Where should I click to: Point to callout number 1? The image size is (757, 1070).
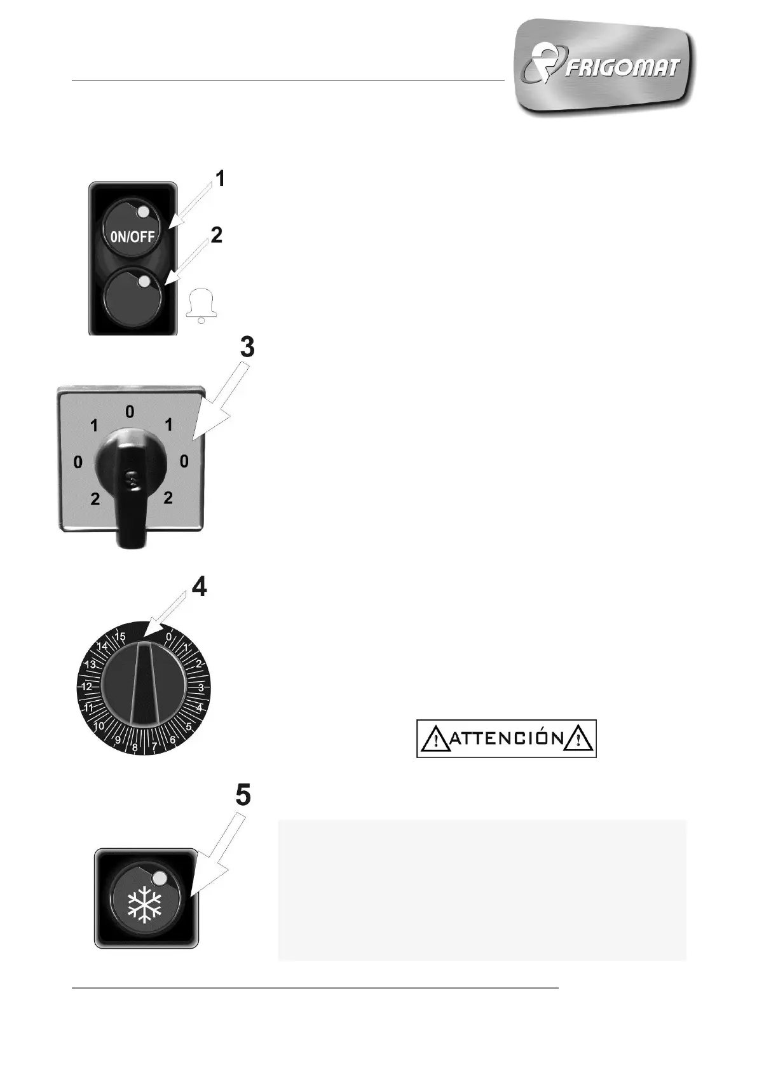[220, 179]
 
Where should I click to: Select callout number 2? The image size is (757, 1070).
[217, 235]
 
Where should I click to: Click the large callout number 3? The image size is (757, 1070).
[247, 348]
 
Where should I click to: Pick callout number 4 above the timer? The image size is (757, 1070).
[199, 586]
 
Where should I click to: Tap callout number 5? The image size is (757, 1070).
[243, 795]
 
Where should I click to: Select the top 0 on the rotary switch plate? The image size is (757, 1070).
[130, 412]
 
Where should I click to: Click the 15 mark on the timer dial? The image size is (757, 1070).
[119, 636]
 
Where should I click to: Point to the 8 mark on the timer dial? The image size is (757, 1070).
[135, 747]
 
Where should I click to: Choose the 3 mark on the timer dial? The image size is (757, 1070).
[201, 687]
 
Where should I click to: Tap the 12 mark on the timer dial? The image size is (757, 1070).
[86, 686]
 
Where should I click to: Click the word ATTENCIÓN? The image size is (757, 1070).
[507, 738]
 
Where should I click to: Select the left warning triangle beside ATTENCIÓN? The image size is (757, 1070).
[435, 739]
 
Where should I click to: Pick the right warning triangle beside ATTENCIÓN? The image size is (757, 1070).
[578, 739]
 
